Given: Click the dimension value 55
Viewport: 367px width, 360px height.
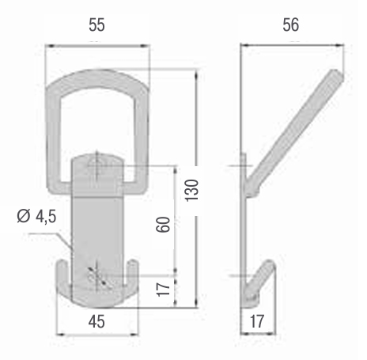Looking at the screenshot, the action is (x=96, y=25).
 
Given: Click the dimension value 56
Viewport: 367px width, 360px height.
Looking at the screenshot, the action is (x=291, y=25).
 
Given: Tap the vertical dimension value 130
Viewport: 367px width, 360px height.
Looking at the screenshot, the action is (x=191, y=191).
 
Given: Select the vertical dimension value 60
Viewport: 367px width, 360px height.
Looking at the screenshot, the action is (x=163, y=225).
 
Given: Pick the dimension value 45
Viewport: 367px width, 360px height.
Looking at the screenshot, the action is (x=96, y=322).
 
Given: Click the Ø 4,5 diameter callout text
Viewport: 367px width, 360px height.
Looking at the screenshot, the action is (x=37, y=217).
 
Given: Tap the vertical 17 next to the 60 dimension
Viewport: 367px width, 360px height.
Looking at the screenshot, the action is (x=163, y=290).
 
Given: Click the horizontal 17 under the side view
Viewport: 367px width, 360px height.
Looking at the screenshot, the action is (x=257, y=321).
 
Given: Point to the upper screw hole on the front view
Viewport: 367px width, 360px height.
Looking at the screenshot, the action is (x=96, y=165).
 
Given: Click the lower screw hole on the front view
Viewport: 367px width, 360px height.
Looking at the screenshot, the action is (x=97, y=276).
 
